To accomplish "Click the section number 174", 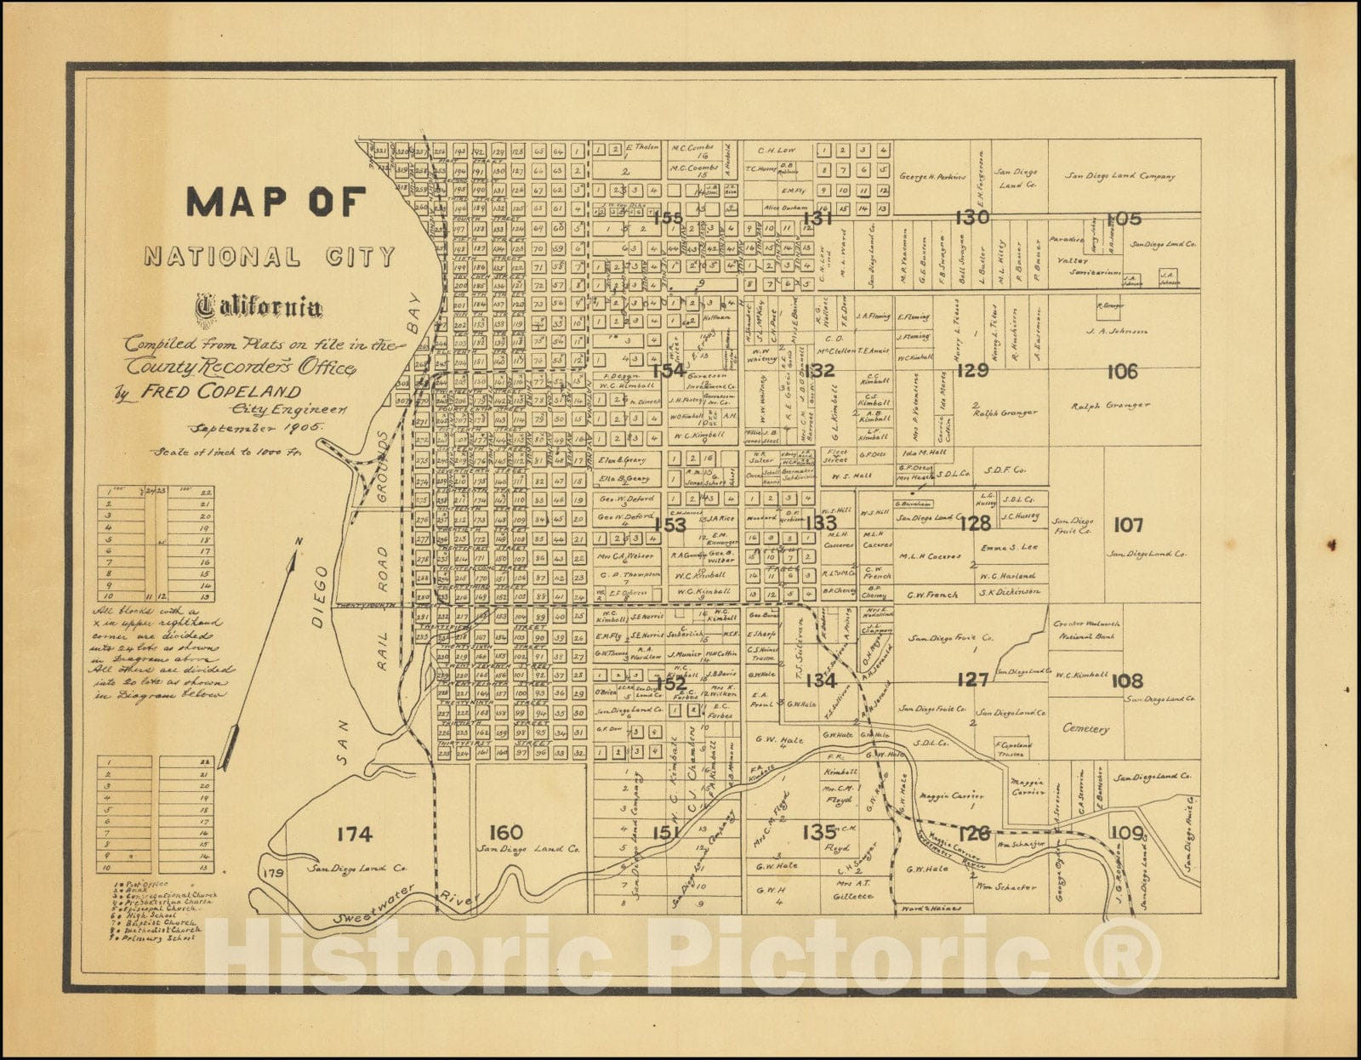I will tap(354, 835).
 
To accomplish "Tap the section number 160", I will tap(506, 832).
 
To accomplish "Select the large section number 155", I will tap(668, 219).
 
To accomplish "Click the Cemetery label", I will tap(1086, 729).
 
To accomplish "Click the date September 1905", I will tap(254, 429).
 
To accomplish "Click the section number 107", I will tap(1128, 525).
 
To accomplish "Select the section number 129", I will tap(972, 370).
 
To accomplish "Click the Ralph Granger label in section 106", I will tap(1110, 406).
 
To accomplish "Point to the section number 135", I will tap(818, 831).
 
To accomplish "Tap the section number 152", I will tap(670, 683).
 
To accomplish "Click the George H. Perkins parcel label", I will tap(932, 177).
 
